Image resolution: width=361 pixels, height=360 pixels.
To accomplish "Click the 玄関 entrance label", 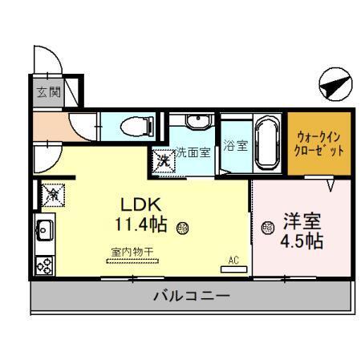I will click(x=47, y=91).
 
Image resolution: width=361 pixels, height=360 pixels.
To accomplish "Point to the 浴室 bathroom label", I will click(x=235, y=148).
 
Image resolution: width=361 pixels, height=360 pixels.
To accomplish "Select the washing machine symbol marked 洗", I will click(x=164, y=160).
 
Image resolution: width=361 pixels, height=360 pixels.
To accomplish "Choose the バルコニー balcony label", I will click(x=192, y=297).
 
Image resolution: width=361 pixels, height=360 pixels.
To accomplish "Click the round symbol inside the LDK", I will click(x=183, y=227).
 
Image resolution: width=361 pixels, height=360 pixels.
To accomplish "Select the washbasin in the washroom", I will click(x=195, y=123).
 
